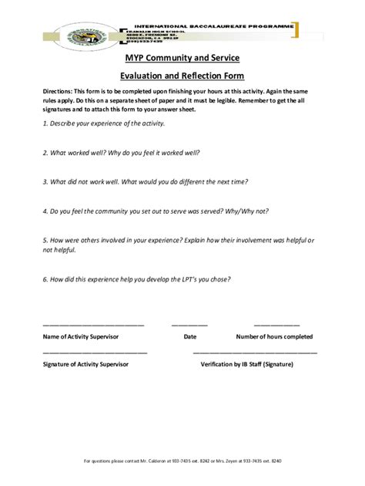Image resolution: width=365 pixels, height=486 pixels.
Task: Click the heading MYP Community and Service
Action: [182, 59]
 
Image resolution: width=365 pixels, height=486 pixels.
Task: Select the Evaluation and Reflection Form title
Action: [182, 76]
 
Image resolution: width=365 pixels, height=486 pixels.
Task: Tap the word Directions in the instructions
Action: [59, 91]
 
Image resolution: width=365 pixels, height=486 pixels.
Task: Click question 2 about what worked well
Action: [121, 153]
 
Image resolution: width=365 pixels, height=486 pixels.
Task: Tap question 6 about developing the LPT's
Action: [136, 278]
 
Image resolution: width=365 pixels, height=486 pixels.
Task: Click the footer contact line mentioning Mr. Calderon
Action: [182, 461]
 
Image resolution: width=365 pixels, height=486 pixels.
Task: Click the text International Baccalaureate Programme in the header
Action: [214, 25]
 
